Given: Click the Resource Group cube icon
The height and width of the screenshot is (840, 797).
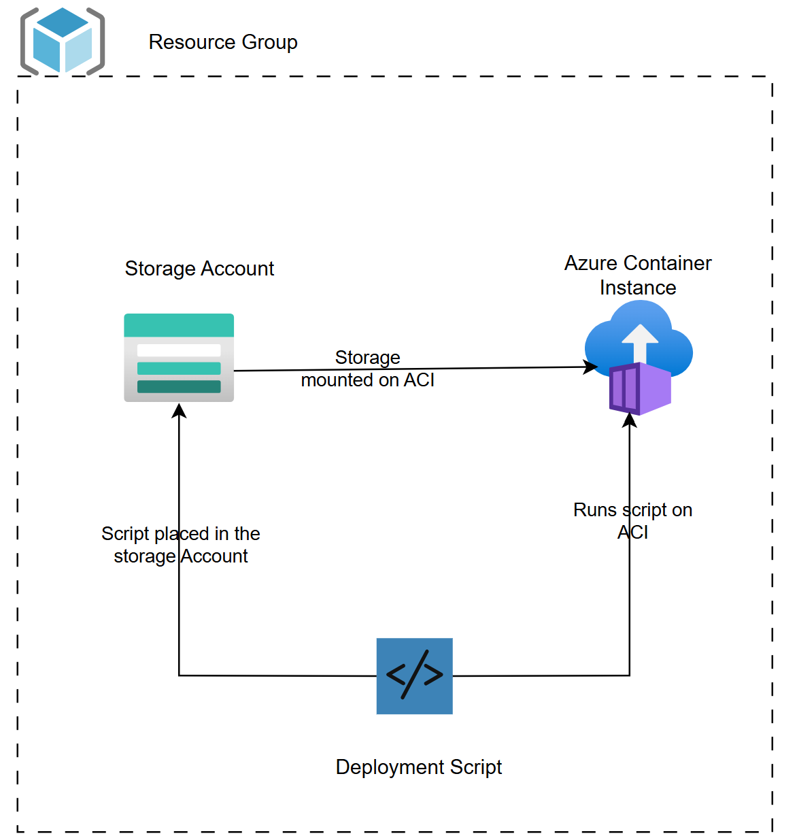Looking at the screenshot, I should pos(63,41).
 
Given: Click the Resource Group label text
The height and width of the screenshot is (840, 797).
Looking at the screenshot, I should pos(223,42).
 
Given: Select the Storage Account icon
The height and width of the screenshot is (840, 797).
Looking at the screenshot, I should pos(179,358).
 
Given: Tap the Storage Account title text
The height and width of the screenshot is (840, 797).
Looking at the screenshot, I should pos(199,269).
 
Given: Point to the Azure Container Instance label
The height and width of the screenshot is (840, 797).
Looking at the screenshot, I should pos(638,275).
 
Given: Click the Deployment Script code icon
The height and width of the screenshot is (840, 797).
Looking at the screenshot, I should pos(414,675).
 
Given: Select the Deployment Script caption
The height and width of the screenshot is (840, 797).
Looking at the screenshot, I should pos(418,767).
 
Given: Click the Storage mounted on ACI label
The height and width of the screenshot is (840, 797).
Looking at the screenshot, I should pos(367,369).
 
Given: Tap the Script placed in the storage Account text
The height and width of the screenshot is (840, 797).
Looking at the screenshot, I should pos(181,545).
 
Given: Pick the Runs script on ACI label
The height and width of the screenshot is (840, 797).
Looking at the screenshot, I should pos(632,521).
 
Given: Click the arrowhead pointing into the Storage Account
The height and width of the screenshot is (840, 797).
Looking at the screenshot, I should pos(179,410).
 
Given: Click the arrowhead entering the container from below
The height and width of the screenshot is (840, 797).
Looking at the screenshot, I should pos(630,420).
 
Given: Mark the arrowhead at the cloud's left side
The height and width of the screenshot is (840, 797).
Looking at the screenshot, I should pos(590,367).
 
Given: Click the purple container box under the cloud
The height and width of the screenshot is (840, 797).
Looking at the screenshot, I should pos(640,389).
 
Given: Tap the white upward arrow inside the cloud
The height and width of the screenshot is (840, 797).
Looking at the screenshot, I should pos(640,340).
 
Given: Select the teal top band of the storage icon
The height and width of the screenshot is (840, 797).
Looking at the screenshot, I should pos(179,325).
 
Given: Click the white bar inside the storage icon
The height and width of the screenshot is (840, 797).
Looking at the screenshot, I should pos(179,350).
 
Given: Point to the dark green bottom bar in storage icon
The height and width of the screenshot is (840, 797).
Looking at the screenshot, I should pos(179,386).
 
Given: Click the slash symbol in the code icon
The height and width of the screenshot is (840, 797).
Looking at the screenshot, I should pos(415,675).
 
